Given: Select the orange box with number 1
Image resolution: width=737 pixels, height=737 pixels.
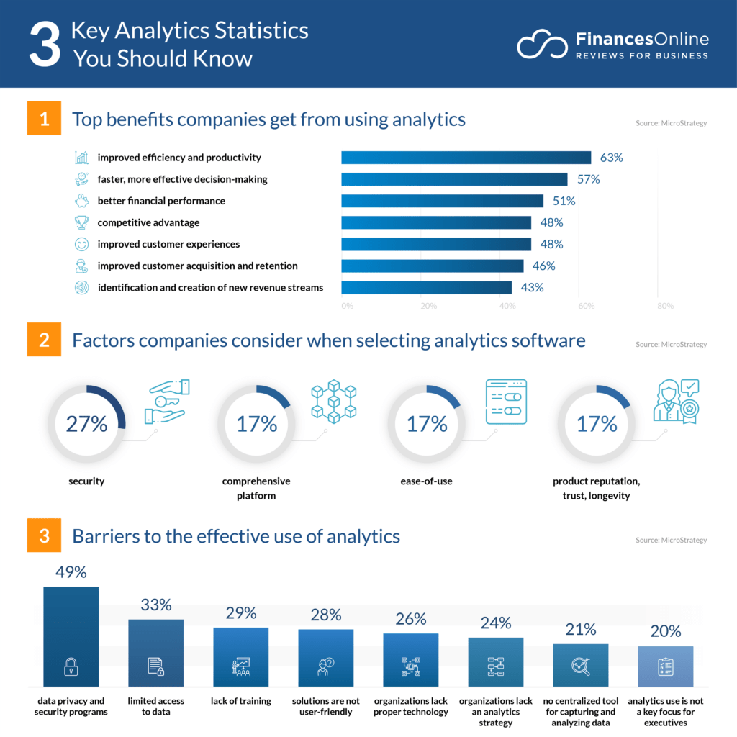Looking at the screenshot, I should [45, 119].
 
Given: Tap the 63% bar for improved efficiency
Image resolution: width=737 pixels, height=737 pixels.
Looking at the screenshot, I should [466, 158].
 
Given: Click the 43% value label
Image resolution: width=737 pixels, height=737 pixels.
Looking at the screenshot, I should [532, 287].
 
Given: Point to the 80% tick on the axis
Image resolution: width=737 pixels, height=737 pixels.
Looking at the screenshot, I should [665, 307].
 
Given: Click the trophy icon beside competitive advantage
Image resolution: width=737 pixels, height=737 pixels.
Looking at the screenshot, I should [82, 222].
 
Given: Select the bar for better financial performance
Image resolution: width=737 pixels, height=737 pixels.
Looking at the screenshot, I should [442, 201].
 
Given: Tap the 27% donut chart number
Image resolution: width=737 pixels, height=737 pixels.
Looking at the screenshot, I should [86, 424].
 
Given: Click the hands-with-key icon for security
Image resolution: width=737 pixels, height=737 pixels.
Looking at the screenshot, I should [166, 401].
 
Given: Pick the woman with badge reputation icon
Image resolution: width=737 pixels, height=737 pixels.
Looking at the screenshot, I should [675, 401].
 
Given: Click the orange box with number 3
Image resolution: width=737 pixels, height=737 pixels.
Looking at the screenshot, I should [45, 537].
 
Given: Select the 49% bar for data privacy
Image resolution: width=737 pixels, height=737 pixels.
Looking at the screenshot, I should [71, 636].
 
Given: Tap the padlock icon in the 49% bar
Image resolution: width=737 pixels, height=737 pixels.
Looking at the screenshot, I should [71, 667].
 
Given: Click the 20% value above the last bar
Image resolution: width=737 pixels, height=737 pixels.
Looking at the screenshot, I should [665, 631].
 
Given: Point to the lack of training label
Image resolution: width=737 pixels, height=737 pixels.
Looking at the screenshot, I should [240, 701].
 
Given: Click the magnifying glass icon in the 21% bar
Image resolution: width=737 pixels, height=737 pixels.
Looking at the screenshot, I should [580, 666].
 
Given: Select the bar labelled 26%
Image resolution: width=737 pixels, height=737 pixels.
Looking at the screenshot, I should [410, 659].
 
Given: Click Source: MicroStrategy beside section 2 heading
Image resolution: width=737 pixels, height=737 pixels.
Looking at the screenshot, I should [671, 345].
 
